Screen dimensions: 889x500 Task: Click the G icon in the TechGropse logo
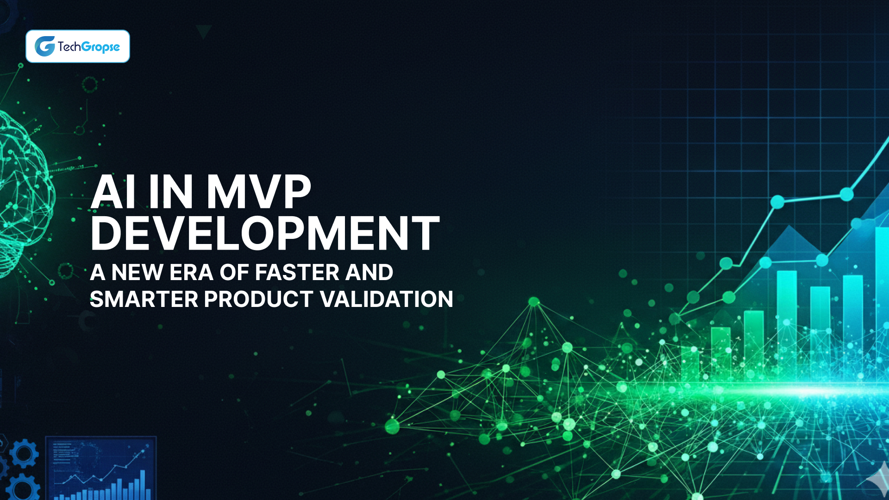(x=45, y=46)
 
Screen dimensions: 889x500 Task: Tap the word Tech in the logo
(x=69, y=46)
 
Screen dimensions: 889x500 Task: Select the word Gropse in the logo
(x=100, y=47)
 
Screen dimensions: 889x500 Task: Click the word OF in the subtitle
(x=234, y=272)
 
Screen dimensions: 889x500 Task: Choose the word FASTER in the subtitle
(x=297, y=272)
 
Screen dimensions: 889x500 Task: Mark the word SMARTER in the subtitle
(x=144, y=299)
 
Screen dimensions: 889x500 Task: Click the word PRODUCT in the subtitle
(x=258, y=299)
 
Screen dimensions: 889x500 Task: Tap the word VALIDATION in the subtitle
(x=387, y=299)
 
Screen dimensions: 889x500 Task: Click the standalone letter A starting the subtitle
(x=98, y=272)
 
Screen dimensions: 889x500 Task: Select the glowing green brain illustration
(x=23, y=194)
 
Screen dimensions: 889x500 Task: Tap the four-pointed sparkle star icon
(x=876, y=481)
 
